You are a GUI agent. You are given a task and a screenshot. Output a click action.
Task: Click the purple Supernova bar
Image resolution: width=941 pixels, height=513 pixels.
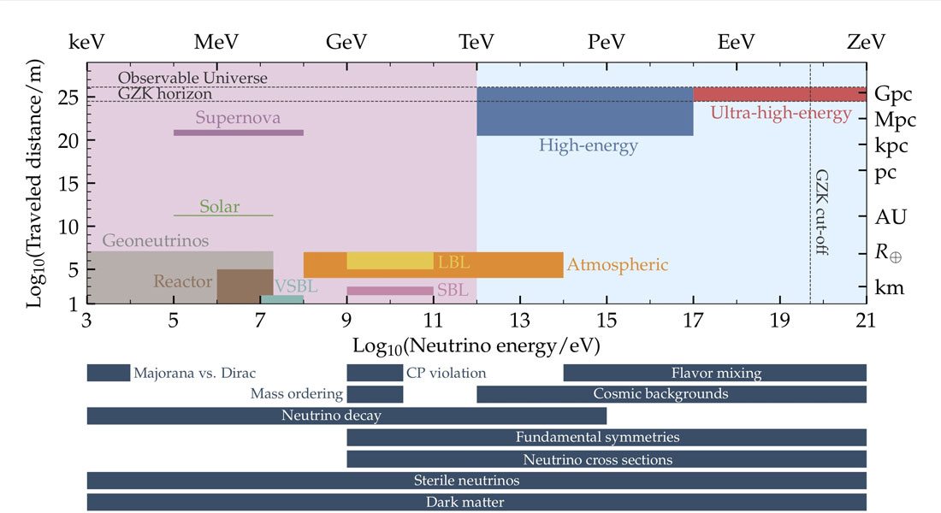point(238,133)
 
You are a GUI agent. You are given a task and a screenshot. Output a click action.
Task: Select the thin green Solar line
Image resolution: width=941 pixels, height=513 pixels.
point(223,215)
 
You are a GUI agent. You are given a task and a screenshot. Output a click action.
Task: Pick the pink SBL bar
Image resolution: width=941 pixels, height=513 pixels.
point(389,291)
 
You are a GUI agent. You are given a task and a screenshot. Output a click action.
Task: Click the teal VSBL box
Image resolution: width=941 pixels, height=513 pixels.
point(281,299)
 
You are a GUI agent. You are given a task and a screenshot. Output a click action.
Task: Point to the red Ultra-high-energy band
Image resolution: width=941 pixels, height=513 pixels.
point(778,94)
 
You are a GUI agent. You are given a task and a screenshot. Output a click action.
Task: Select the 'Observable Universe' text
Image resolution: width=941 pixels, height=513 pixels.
point(192,78)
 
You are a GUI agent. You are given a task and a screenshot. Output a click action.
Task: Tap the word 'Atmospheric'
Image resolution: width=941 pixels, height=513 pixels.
point(617,265)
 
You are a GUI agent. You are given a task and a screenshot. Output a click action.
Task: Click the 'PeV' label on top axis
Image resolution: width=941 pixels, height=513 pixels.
point(606,42)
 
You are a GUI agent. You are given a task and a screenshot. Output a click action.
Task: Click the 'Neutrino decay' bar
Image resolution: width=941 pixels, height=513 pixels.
point(346,416)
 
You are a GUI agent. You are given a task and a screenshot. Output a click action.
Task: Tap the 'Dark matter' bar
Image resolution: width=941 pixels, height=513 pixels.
point(476,502)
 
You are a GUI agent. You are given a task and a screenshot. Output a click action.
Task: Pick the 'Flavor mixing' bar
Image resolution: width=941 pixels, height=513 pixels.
point(714,373)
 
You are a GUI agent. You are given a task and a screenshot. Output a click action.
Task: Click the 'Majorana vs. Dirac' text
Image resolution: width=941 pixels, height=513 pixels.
point(194,373)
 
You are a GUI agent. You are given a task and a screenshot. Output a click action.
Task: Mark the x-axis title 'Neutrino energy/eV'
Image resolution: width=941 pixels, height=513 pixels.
point(476,345)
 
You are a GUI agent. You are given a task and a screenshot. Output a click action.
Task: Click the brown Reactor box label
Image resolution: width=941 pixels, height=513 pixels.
point(182,281)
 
